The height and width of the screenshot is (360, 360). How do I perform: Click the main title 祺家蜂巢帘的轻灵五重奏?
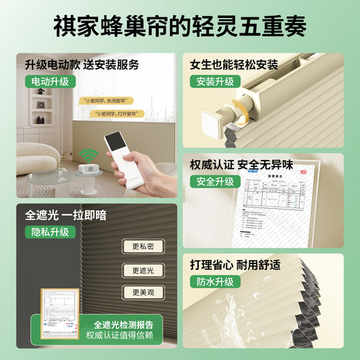[180, 27]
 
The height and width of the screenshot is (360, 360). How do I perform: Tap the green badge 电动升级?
[50, 81]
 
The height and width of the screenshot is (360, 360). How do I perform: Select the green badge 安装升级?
[217, 81]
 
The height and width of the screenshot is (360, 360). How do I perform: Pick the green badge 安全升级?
[217, 181]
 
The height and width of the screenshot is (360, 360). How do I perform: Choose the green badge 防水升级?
[217, 282]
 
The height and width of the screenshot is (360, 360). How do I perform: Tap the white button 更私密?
[143, 246]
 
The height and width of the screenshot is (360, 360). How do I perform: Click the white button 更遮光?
[143, 270]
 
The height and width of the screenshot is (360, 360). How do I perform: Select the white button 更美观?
[143, 293]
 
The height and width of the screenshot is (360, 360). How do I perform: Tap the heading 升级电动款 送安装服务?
[81, 65]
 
